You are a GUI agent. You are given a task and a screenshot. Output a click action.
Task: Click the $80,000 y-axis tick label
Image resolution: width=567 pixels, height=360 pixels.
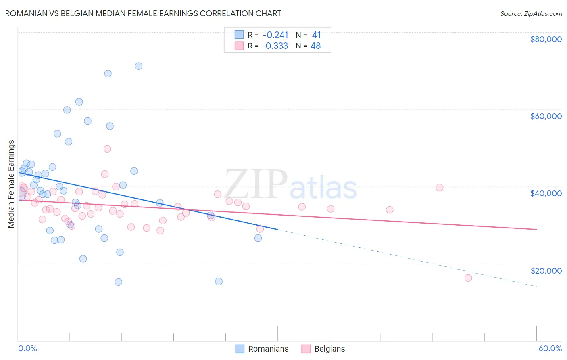pyautogui.click(x=546, y=39)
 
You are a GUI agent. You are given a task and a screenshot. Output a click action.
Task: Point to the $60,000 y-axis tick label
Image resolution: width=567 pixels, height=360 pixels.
pyautogui.click(x=546, y=116)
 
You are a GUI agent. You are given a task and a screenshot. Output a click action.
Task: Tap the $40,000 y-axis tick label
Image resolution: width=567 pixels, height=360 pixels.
pyautogui.click(x=546, y=193)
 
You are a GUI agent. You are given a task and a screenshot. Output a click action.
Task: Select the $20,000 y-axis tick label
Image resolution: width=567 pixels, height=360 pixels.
pyautogui.click(x=546, y=270)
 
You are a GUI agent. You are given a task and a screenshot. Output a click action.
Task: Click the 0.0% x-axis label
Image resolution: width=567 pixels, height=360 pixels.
pyautogui.click(x=27, y=348)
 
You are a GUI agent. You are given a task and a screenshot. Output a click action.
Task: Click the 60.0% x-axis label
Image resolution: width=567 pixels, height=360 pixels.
pyautogui.click(x=550, y=348)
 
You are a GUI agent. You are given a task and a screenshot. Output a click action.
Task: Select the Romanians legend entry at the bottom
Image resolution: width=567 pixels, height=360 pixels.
pyautogui.click(x=262, y=349)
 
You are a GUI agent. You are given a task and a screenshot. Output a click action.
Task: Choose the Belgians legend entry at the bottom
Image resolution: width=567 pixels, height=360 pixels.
pyautogui.click(x=323, y=349)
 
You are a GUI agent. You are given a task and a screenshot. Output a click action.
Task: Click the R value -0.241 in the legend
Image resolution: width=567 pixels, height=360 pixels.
pyautogui.click(x=275, y=35)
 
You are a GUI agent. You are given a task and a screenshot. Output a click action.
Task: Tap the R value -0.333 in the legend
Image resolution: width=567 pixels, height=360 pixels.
pyautogui.click(x=275, y=46)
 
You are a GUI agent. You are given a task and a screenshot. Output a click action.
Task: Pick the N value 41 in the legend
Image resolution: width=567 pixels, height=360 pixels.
pyautogui.click(x=316, y=35)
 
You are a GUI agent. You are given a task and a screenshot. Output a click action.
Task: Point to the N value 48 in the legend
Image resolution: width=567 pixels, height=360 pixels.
pyautogui.click(x=315, y=46)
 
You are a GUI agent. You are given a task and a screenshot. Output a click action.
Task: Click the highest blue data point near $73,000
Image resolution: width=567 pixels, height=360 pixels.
pyautogui.click(x=138, y=66)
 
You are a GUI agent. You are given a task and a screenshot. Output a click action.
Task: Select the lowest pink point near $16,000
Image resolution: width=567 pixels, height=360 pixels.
pyautogui.click(x=468, y=278)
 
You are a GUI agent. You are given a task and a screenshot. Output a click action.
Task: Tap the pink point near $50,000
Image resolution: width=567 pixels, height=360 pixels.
pyautogui.click(x=107, y=149)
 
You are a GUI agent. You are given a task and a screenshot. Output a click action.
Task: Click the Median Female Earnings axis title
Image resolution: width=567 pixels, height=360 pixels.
pyautogui.click(x=11, y=184)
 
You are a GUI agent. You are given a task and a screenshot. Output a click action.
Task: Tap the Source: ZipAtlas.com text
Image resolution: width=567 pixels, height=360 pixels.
pyautogui.click(x=531, y=13)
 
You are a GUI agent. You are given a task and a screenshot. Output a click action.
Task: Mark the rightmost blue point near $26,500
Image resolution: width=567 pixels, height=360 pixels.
pyautogui.click(x=258, y=238)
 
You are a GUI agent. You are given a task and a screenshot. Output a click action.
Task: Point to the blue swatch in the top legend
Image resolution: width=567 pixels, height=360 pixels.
pyautogui.click(x=239, y=35)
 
